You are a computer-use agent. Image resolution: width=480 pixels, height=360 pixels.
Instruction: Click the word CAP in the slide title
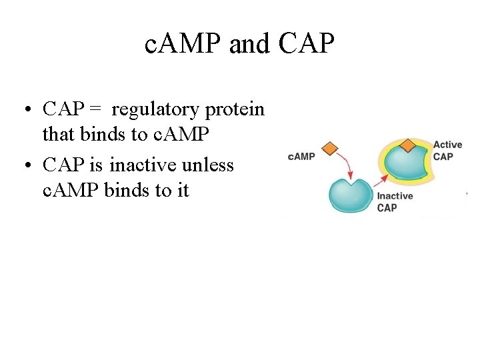click(307, 45)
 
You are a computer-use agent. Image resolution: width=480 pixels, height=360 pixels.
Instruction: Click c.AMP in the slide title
click(183, 45)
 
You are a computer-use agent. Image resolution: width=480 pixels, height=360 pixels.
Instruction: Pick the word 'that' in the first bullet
click(59, 135)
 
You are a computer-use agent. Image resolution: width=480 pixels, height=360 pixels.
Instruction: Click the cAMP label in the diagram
click(301, 157)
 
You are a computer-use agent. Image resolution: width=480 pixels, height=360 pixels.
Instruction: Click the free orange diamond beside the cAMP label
click(329, 148)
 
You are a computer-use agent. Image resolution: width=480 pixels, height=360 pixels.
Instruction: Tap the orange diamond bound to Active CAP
click(407, 145)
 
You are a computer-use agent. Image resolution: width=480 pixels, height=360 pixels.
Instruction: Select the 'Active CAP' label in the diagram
click(447, 151)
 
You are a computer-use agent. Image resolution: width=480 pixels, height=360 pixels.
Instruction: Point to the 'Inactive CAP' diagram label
click(394, 201)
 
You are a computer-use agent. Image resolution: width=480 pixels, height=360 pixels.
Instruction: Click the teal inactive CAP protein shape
click(351, 195)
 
